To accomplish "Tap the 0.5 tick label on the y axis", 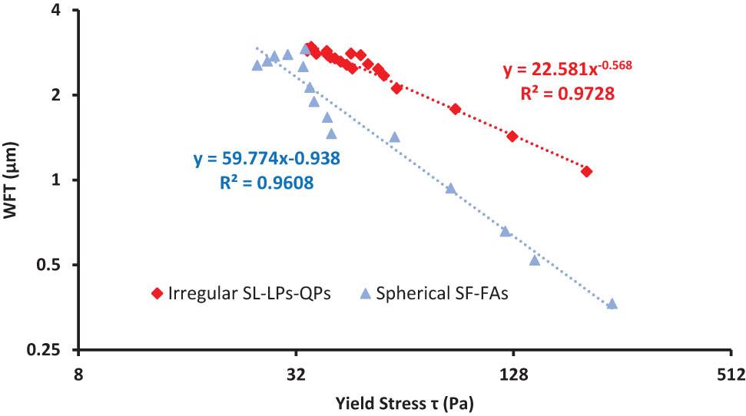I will click(51, 266).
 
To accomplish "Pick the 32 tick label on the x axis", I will click(296, 375).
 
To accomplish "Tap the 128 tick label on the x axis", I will click(513, 375).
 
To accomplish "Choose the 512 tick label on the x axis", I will click(731, 375).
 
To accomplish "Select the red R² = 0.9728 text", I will click(569, 94).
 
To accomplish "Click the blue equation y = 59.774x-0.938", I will click(267, 160).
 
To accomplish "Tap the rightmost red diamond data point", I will click(587, 171).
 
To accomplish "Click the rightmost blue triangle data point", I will click(612, 304).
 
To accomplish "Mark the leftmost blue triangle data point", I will click(257, 65).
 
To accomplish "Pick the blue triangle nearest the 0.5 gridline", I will click(535, 260).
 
